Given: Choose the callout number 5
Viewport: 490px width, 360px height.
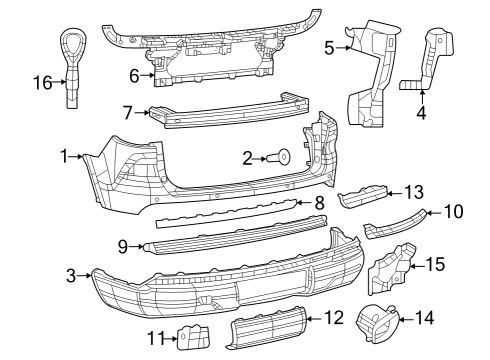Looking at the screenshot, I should (x=330, y=46).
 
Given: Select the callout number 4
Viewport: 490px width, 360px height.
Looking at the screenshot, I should (x=420, y=113).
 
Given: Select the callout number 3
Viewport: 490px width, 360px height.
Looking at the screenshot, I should (x=72, y=274).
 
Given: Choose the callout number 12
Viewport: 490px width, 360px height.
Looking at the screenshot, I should (x=334, y=318).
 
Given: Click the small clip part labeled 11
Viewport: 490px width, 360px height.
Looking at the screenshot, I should (x=191, y=338).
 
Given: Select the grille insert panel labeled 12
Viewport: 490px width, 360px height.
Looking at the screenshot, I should (x=265, y=331).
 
